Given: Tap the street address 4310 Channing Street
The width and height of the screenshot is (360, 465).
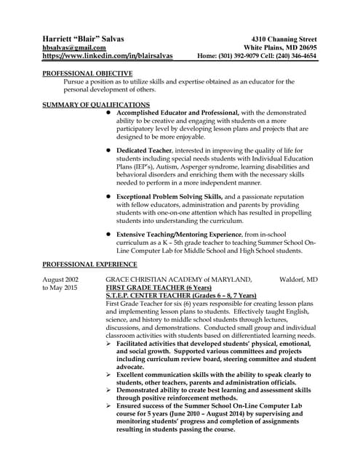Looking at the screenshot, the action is click(282, 37).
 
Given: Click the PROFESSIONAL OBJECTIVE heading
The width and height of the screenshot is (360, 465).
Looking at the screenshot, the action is click(87, 73).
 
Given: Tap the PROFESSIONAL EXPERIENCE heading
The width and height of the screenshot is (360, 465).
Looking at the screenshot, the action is click(89, 264).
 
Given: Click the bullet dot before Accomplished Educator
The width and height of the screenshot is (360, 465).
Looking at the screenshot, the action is click(109, 113).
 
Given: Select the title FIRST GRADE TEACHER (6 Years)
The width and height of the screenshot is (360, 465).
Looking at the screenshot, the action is click(153, 288).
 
